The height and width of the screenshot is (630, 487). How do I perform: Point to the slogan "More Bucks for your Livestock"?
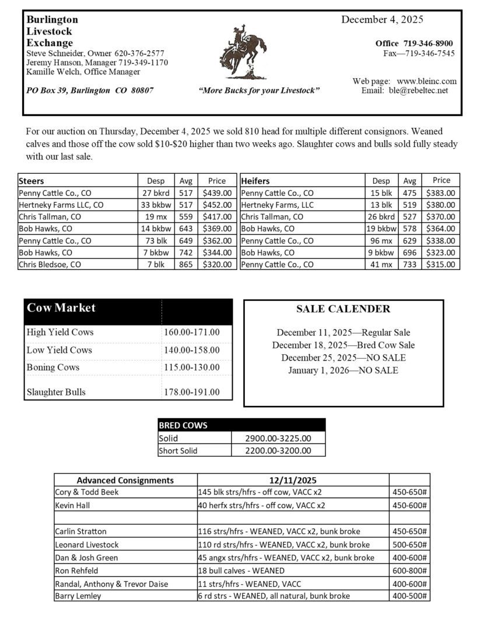[259, 91]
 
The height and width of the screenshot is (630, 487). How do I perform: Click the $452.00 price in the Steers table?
[217, 205]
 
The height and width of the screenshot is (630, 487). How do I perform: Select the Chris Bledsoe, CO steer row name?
[50, 264]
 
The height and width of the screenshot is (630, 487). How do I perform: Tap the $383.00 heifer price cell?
[442, 193]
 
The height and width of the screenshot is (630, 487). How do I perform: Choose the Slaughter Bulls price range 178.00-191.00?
[192, 392]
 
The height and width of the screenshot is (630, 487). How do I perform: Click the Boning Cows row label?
[53, 367]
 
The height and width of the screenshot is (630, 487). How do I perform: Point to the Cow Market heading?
[61, 308]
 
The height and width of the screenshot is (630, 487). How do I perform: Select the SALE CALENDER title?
[343, 309]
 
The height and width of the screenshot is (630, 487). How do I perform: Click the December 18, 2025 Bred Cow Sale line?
[344, 345]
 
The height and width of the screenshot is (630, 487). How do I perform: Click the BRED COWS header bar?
[241, 425]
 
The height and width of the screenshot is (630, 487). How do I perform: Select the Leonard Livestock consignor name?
[87, 544]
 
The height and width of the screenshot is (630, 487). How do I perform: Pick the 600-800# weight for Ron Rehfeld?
[409, 570]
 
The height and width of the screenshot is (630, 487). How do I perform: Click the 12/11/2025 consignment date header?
[293, 480]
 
